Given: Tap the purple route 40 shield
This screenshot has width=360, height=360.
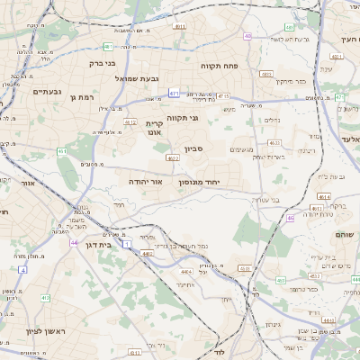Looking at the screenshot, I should [x=247, y=36].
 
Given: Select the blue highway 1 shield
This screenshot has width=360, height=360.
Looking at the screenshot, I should [x=126, y=244].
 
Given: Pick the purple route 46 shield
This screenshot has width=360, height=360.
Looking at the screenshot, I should [x=290, y=218].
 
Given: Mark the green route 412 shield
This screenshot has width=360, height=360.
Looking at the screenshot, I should [x=107, y=46].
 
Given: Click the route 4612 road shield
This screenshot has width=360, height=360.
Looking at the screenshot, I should [x=130, y=122].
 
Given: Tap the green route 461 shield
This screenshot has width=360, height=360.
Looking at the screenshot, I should [x=62, y=151].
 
